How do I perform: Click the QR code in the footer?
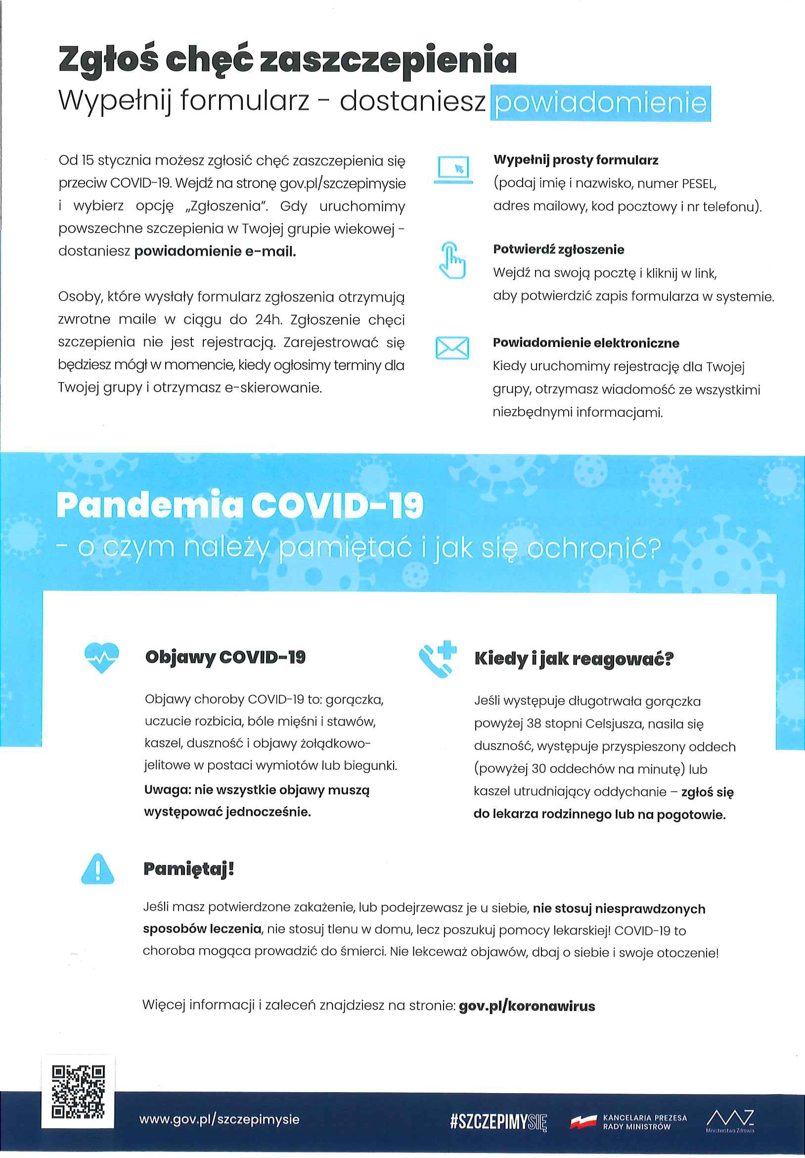coord(78,1091)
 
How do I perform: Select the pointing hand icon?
coord(452,260)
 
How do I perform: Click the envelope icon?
coord(452,348)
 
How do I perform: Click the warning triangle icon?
coord(98,869)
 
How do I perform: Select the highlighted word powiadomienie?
coord(600,103)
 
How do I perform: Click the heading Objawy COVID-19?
coord(225,657)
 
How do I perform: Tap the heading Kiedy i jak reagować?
coord(574,659)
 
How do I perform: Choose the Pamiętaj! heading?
coord(188,869)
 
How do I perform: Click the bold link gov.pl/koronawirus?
coord(527,1006)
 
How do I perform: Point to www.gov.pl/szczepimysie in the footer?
coord(219,1119)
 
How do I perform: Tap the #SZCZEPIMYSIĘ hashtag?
coord(497,1121)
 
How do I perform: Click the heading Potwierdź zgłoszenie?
coord(559,249)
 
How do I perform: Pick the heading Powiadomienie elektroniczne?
coord(586,343)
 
